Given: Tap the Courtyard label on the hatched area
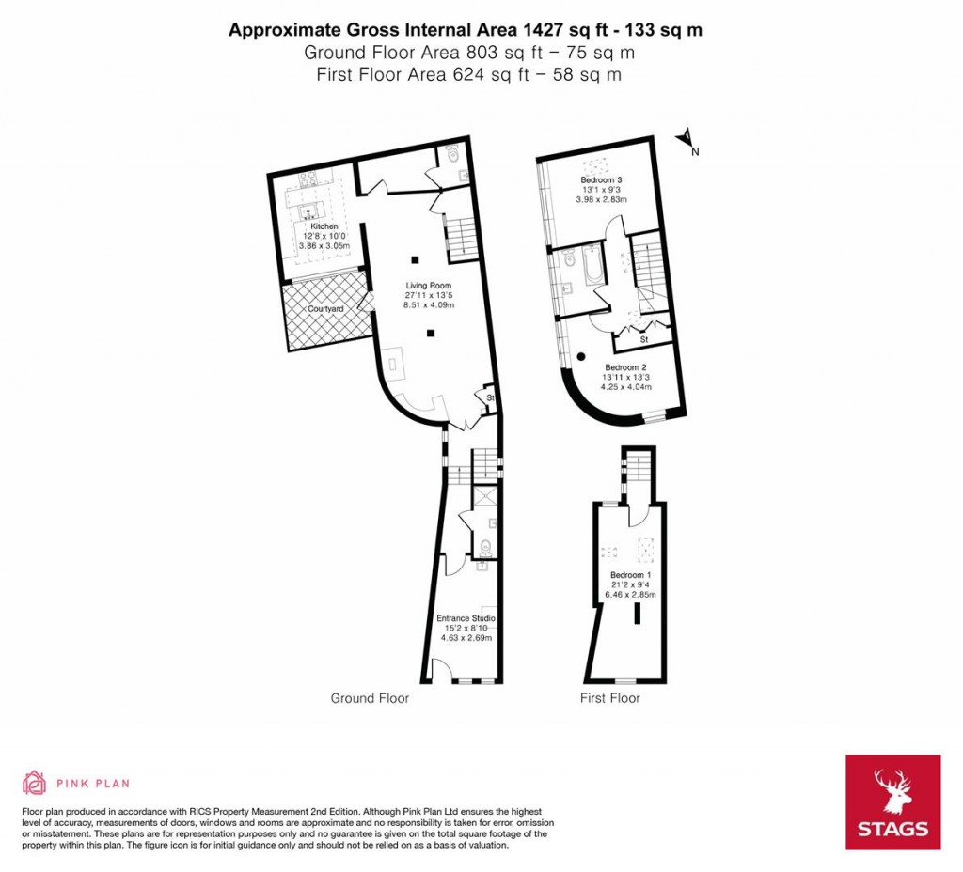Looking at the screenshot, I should click(324, 308).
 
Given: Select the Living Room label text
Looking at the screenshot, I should click(429, 286).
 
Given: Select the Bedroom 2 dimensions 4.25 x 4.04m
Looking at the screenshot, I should click(627, 386).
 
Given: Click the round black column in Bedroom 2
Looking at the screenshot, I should click(582, 356).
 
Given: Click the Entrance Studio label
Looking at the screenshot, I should click(466, 618).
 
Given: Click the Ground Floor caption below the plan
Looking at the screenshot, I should click(370, 698).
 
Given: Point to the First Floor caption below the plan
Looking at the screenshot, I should click(610, 698).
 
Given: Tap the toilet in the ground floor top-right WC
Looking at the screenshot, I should click(450, 152).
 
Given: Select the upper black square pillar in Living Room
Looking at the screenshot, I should click(412, 259).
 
